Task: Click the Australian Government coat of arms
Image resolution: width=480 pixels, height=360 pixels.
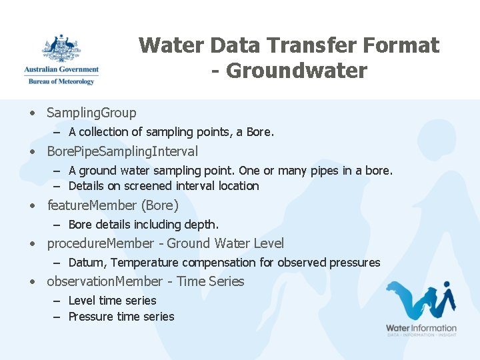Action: tap(61, 49)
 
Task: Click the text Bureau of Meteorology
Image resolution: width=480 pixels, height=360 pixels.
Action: tap(61, 81)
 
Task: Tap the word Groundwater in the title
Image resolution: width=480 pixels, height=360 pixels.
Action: tap(297, 71)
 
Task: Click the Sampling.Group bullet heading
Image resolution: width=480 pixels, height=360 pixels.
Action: tap(91, 113)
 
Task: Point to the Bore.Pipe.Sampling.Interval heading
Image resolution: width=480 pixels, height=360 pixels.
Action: tap(122, 151)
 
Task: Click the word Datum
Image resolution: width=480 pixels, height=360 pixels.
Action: tap(86, 263)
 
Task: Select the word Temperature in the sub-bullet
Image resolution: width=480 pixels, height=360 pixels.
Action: tap(145, 263)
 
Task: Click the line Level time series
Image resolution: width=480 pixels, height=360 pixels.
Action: tap(112, 301)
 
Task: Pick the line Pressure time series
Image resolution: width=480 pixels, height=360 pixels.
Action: tap(121, 317)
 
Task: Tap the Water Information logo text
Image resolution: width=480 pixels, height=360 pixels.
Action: tap(421, 328)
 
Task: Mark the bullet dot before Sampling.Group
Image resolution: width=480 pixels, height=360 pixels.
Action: tap(32, 113)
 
